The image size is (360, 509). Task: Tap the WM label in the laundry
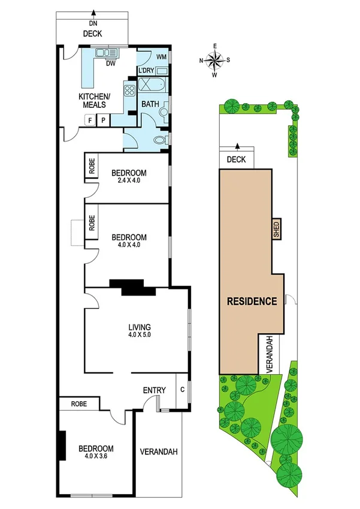click(161, 57)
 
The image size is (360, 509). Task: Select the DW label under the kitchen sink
click(110, 63)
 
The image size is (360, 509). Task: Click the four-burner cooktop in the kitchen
click(129, 92)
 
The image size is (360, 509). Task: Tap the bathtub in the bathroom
click(152, 85)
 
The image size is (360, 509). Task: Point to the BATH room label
click(150, 104)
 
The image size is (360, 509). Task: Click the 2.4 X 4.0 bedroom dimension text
click(129, 182)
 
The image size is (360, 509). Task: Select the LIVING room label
click(140, 327)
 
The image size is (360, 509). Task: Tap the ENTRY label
click(154, 391)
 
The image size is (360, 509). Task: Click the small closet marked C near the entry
click(182, 388)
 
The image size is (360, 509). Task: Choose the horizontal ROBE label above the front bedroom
click(79, 404)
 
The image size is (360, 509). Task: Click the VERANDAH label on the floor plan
click(158, 452)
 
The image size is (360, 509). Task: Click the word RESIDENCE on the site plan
click(252, 301)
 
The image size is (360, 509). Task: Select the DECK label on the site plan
click(237, 159)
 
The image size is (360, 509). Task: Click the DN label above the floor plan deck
click(93, 23)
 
